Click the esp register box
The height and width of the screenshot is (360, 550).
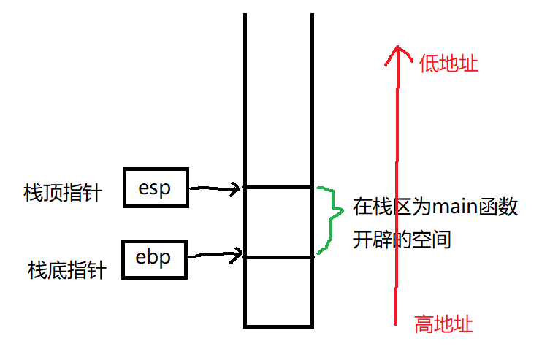(x=155, y=188)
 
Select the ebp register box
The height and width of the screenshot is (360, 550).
(x=154, y=258)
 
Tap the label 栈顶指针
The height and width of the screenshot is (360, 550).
(x=63, y=194)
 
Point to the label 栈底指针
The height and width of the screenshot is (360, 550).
(x=67, y=271)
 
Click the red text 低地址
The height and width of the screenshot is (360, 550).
(x=449, y=64)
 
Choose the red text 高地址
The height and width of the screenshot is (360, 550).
(x=443, y=323)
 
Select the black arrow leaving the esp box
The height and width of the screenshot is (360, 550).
(x=215, y=191)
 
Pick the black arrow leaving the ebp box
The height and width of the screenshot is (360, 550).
(x=215, y=256)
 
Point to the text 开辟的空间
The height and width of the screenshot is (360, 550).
(x=401, y=239)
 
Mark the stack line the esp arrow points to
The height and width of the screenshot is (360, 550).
(x=278, y=188)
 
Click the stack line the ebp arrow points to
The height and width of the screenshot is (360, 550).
(x=278, y=257)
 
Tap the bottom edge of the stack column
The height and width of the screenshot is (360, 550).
(x=278, y=326)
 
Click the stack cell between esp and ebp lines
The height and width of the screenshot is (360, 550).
(x=278, y=222)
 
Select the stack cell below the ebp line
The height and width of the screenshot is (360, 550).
(x=278, y=291)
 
